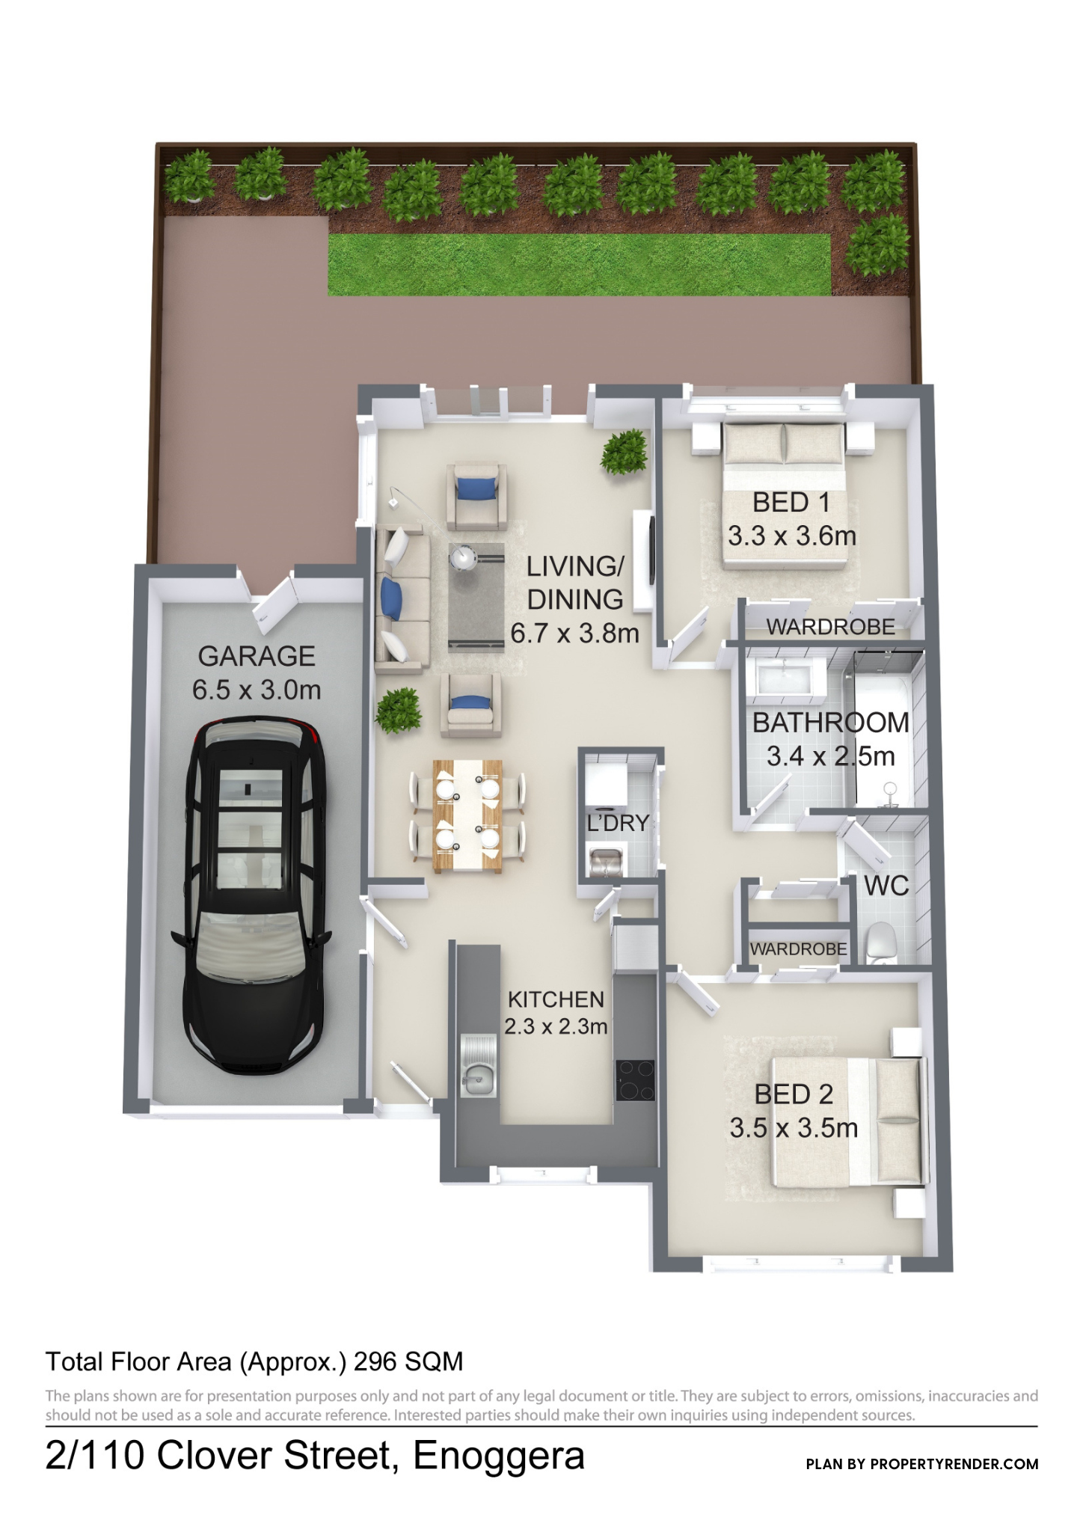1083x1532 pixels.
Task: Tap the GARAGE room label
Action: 257,656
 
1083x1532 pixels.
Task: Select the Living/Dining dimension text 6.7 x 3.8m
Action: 574,634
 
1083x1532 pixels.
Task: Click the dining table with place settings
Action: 467,815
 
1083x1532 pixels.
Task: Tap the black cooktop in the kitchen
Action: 635,1080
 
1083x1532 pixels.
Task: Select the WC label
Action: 886,886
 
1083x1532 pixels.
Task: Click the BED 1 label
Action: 791,503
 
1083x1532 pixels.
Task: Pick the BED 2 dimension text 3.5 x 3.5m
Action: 794,1128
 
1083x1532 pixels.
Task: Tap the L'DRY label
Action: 618,824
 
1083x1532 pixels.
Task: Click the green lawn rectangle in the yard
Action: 580,263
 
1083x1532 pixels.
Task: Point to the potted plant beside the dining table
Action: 399,711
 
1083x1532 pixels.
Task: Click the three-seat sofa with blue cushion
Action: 402,594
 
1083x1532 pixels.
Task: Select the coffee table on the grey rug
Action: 464,557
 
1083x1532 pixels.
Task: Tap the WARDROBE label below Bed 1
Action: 831,627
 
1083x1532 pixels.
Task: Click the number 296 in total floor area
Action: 375,1361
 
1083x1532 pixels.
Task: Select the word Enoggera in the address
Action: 499,1456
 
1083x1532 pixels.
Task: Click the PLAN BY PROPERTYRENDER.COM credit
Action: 922,1464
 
